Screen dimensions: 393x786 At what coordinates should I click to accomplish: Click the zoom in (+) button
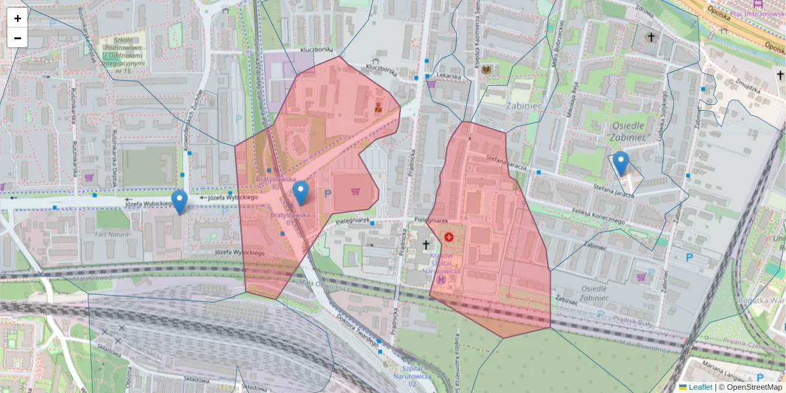pyautogui.click(x=18, y=18)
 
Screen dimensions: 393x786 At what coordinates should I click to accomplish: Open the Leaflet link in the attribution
pyautogui.click(x=700, y=387)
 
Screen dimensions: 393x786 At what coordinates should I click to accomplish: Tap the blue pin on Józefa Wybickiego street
pyautogui.click(x=179, y=201)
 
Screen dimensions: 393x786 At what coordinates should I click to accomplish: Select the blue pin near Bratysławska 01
pyautogui.click(x=301, y=193)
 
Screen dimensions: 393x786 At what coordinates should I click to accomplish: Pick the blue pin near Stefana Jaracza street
pyautogui.click(x=620, y=163)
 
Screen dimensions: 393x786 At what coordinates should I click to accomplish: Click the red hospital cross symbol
pyautogui.click(x=449, y=236)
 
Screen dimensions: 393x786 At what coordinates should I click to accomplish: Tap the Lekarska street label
pyautogui.click(x=458, y=76)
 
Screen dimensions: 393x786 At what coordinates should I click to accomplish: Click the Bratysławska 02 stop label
pyautogui.click(x=276, y=182)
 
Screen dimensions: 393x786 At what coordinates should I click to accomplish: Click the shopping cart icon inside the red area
pyautogui.click(x=356, y=191)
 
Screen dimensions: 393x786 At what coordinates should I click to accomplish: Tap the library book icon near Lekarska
pyautogui.click(x=486, y=69)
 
